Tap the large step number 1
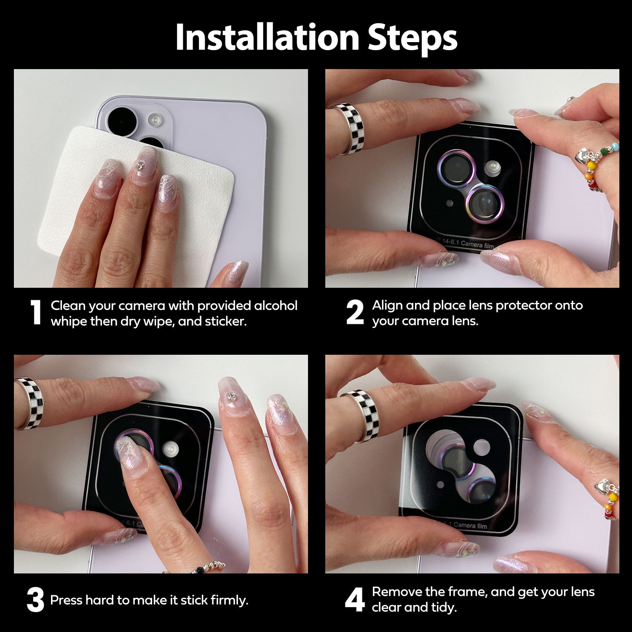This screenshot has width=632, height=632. coord(36,313)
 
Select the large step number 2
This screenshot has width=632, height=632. coord(355,313)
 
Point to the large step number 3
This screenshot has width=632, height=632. coord(35,600)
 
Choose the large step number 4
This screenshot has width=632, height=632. coord(355,600)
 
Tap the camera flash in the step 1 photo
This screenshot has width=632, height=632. coord(155,120)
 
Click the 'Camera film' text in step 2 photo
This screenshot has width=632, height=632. coord(477,244)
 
